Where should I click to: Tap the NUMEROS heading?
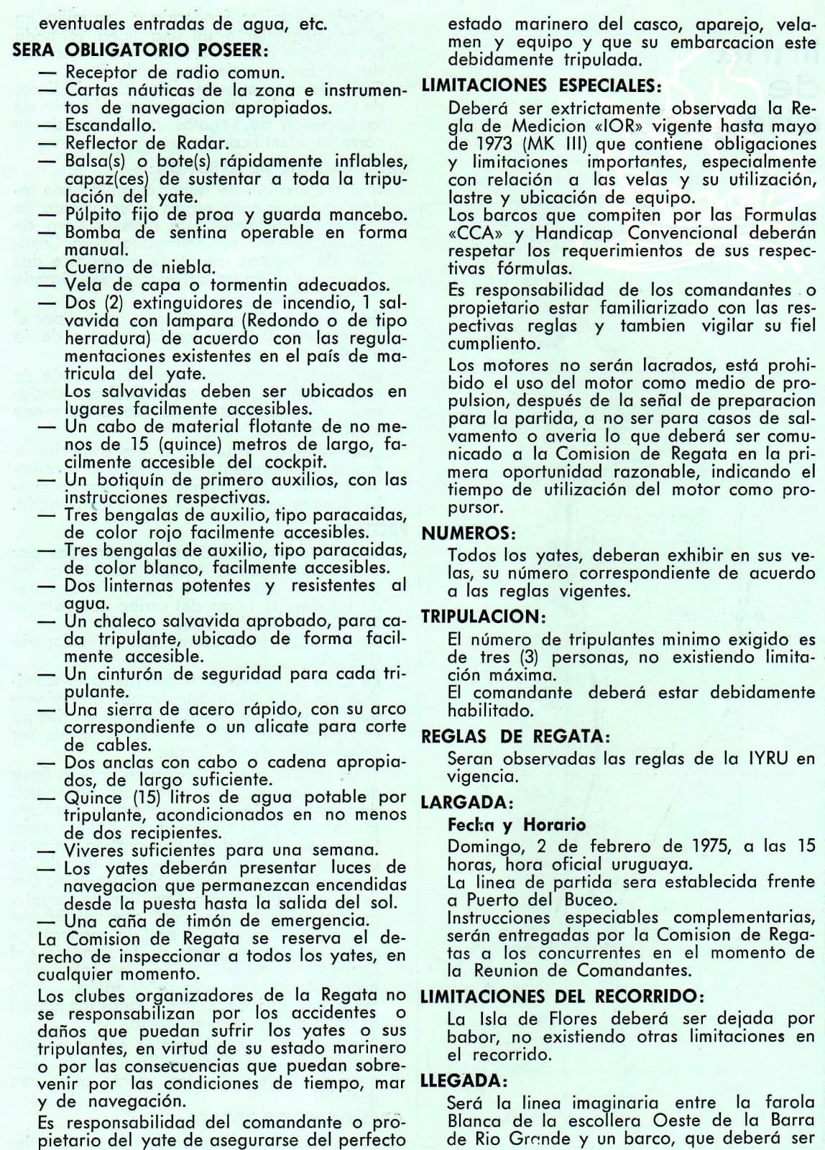[x=469, y=533]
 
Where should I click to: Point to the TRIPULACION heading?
[x=479, y=616]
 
